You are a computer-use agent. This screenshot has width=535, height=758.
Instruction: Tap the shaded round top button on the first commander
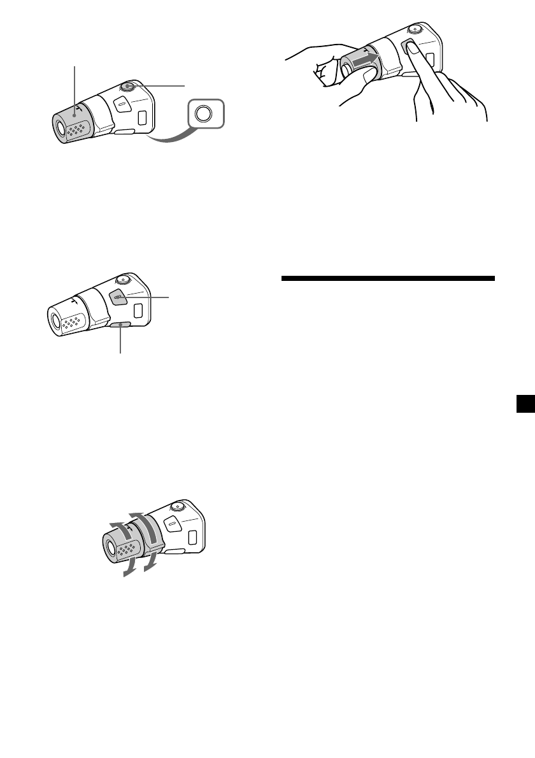coord(128,87)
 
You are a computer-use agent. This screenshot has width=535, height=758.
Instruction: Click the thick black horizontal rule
coord(387,278)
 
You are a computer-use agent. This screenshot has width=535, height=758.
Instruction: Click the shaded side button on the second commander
coord(117,296)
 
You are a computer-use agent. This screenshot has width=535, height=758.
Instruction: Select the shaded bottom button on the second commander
coord(119,325)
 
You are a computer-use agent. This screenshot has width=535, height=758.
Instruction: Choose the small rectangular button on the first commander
coord(142,117)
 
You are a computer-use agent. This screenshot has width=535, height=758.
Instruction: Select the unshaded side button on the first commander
coord(120,104)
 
